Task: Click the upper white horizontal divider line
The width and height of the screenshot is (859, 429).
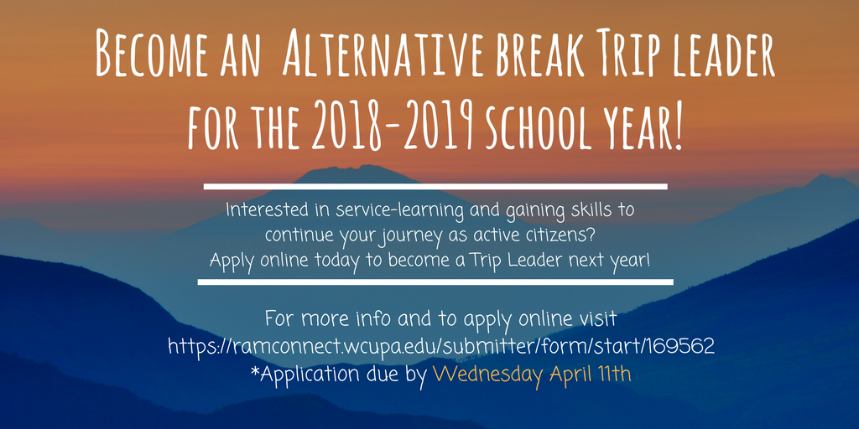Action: (x=435, y=187)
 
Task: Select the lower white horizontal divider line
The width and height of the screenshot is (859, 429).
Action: (x=435, y=282)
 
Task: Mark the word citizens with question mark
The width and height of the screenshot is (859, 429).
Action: (x=554, y=235)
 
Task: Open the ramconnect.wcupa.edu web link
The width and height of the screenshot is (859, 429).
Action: (x=441, y=346)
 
